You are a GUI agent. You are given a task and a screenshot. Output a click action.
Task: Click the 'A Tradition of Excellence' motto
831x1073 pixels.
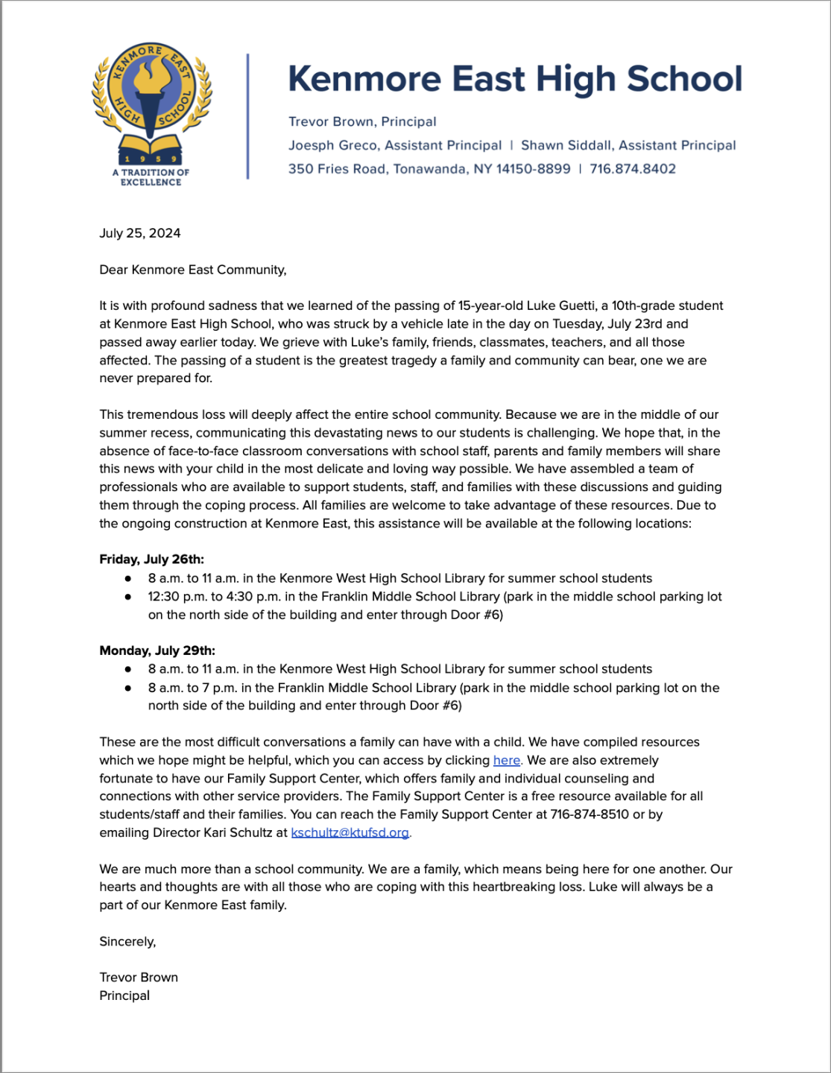(x=151, y=177)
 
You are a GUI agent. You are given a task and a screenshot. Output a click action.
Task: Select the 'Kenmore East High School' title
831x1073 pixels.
(x=515, y=79)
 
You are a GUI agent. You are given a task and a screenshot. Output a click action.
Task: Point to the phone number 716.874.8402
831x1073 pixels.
(x=633, y=169)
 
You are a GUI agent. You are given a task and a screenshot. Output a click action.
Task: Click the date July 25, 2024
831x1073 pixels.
(x=140, y=233)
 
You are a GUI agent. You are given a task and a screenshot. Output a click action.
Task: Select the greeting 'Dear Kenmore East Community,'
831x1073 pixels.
(x=193, y=270)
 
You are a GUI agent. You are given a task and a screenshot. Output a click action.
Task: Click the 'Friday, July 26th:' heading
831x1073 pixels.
(x=151, y=560)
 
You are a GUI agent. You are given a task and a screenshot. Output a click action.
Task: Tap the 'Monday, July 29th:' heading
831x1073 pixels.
(x=157, y=651)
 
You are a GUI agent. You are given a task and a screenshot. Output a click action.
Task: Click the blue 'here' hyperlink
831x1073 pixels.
(x=507, y=760)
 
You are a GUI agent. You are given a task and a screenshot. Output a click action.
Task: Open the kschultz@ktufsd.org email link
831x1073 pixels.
(x=350, y=832)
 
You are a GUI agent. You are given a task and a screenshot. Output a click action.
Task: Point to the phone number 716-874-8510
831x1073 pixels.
(x=590, y=814)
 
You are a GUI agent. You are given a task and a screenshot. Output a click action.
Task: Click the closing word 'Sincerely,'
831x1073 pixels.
(x=127, y=942)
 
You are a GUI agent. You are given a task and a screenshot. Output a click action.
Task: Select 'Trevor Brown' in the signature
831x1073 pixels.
(x=139, y=978)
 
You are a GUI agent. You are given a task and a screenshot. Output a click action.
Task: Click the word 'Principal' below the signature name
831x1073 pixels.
(x=124, y=996)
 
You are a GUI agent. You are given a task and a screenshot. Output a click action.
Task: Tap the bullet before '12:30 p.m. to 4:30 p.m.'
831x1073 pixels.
(x=128, y=597)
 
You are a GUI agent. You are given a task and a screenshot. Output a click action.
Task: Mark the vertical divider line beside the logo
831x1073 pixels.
(x=247, y=116)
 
